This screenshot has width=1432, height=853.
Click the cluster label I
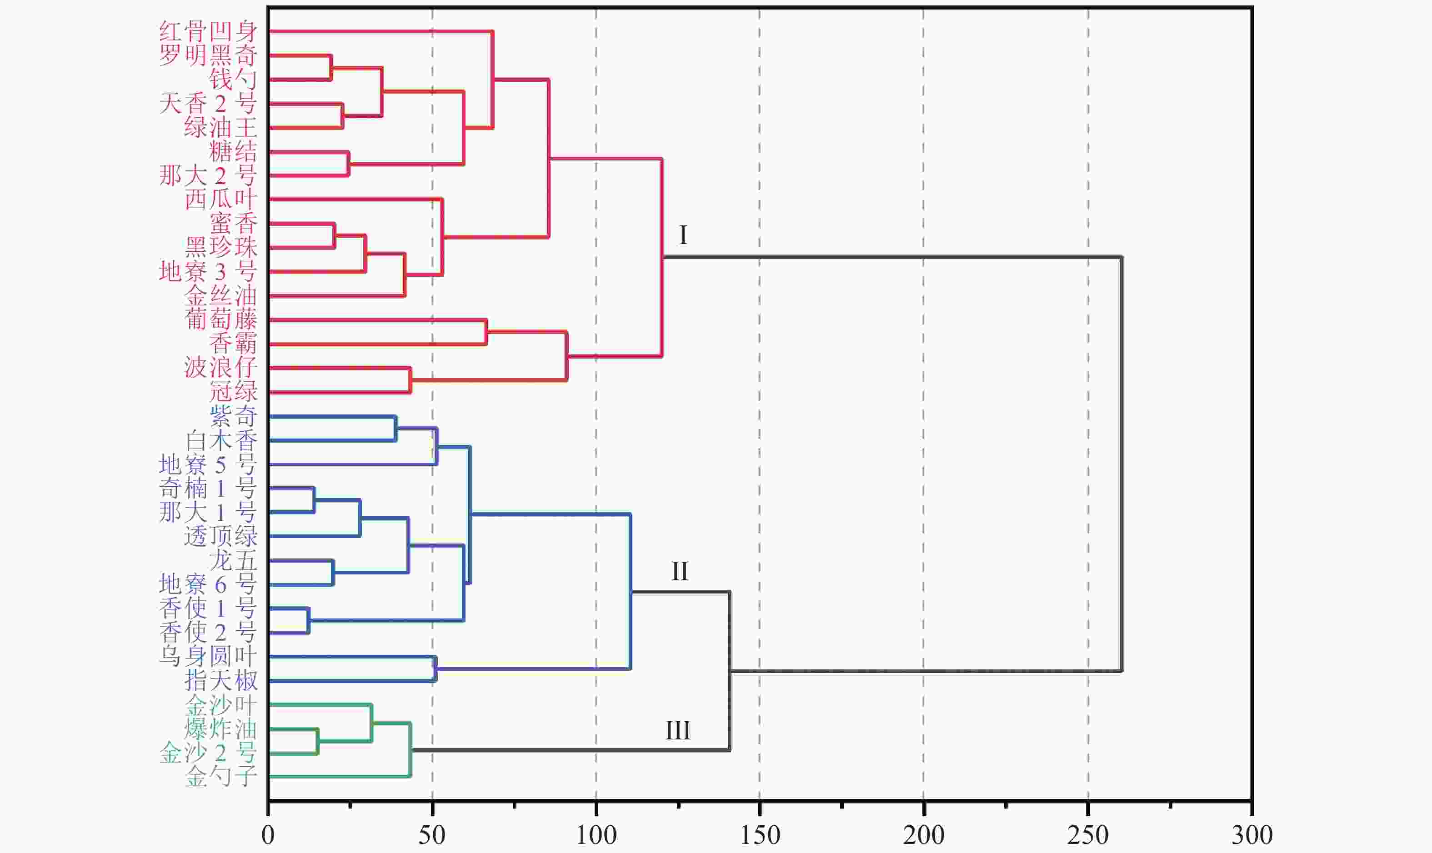click(x=683, y=235)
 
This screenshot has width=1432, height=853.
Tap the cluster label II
click(x=680, y=571)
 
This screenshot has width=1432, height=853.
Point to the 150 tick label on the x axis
click(x=759, y=835)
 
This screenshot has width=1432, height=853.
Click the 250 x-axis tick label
click(x=1088, y=835)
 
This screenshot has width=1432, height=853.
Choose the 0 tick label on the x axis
click(x=268, y=835)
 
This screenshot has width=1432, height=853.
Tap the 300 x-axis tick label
click(x=1252, y=835)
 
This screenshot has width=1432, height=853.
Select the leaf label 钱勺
click(x=232, y=80)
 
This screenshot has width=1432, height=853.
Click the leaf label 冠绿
click(x=232, y=391)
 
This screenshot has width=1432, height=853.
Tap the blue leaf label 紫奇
click(x=232, y=415)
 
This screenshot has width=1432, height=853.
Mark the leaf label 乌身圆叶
click(x=208, y=656)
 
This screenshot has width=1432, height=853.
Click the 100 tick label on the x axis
click(x=596, y=835)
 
